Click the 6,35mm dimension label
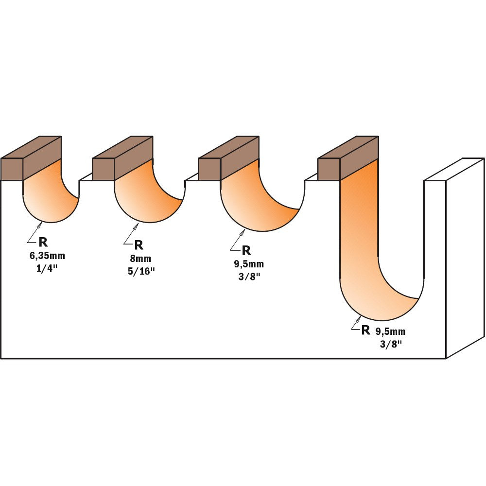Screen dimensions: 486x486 tap(47, 256)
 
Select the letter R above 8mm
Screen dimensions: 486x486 tap(139, 245)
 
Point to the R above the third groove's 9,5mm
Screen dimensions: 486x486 tap(246, 251)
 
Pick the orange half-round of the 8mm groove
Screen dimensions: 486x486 tap(141, 199)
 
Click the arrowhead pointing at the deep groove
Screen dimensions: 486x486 tap(359, 319)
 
